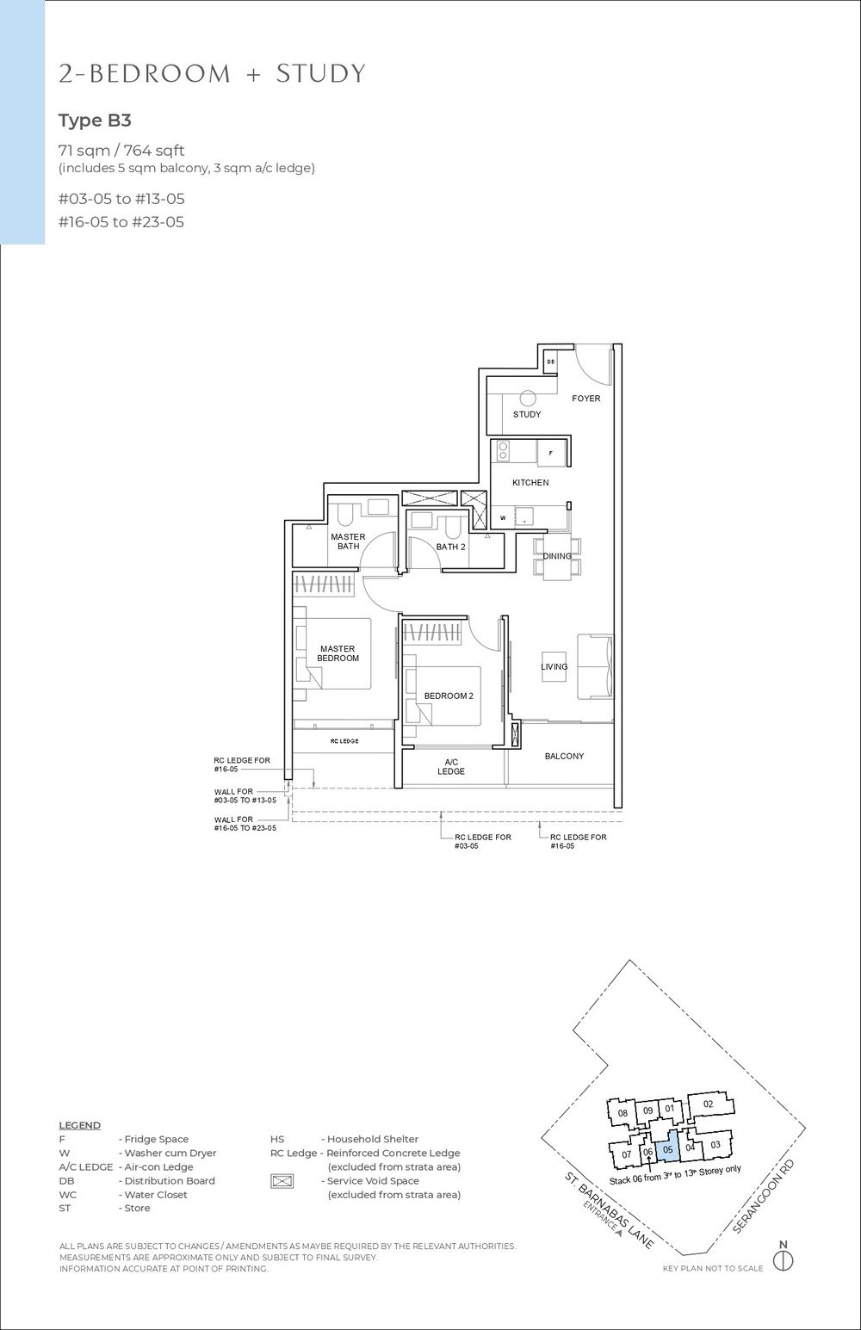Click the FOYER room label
(x=586, y=399)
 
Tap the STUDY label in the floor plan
(x=527, y=414)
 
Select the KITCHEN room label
(x=530, y=483)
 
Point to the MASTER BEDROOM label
(x=337, y=653)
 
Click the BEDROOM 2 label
(x=448, y=696)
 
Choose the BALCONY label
(x=564, y=756)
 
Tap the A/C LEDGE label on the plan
(x=450, y=766)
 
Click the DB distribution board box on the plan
(x=551, y=362)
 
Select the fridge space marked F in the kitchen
(x=551, y=453)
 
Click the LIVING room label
(x=554, y=666)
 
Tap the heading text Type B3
(x=95, y=120)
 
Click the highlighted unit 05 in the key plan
(x=668, y=1149)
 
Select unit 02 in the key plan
(x=708, y=1104)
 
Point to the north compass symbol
(x=783, y=1261)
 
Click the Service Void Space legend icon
(x=282, y=1181)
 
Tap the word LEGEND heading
(x=79, y=1125)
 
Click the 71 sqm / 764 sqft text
(x=121, y=152)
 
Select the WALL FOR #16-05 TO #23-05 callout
(x=245, y=824)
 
